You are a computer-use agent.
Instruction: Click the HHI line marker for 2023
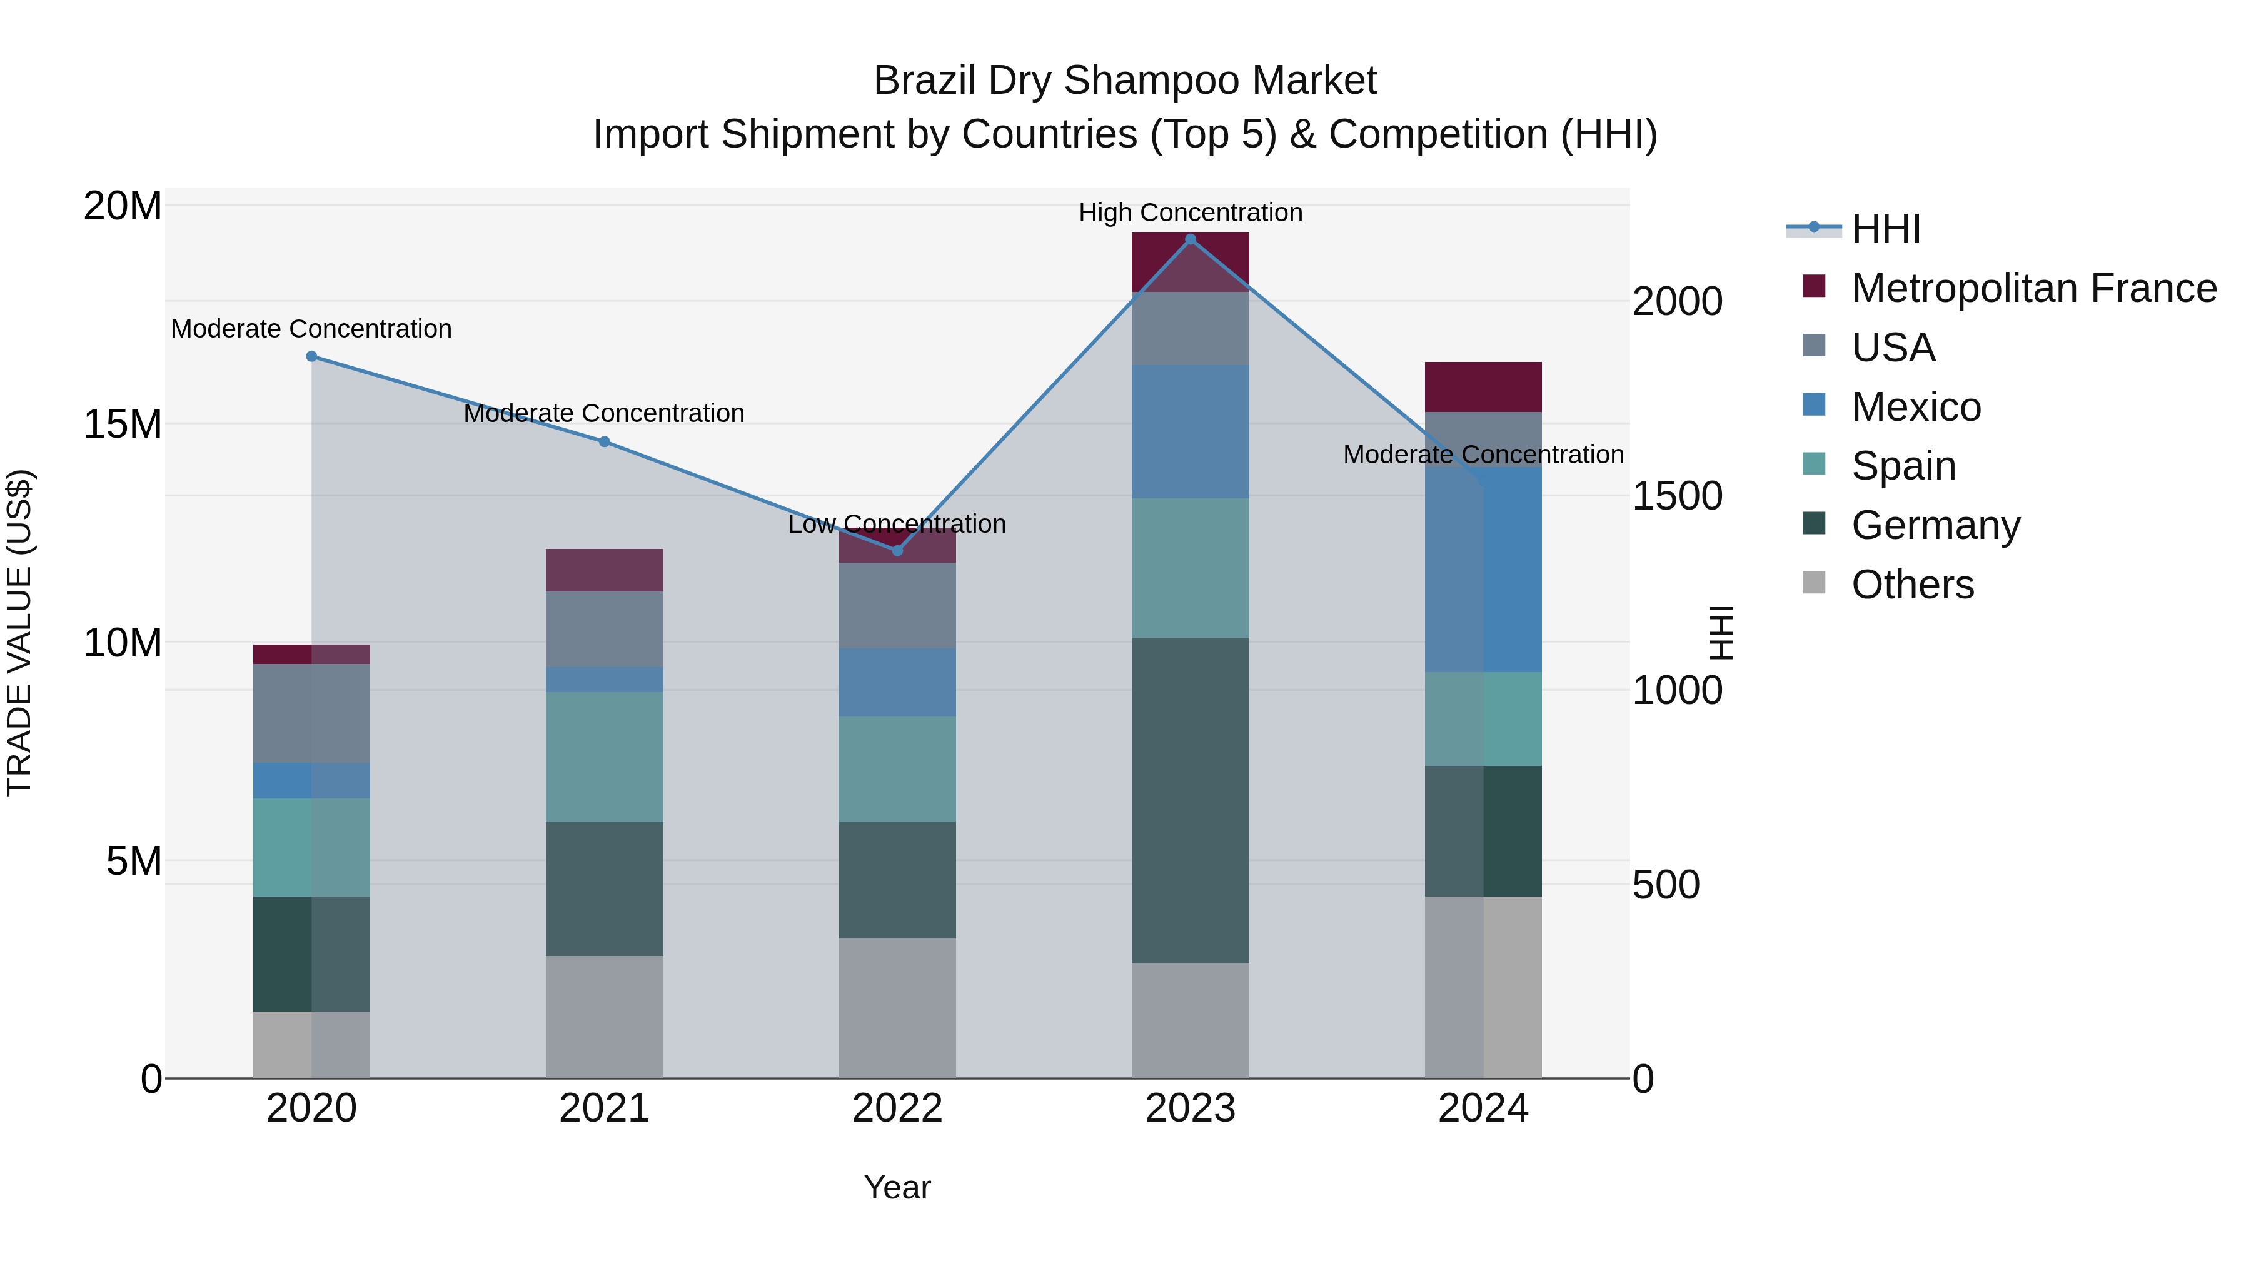[x=1190, y=239]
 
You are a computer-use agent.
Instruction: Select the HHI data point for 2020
[x=311, y=356]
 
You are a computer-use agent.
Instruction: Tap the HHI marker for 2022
[x=897, y=550]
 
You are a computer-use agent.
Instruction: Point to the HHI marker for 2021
[x=605, y=442]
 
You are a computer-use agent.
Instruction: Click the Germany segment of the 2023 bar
[x=1190, y=800]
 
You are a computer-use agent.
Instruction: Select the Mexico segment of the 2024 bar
[x=1483, y=570]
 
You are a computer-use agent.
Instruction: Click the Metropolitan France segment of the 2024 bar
[x=1483, y=387]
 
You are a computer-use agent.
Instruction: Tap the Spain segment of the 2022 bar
[x=897, y=769]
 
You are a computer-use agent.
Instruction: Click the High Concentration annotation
[x=1190, y=213]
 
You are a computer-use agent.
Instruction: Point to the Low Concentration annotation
[x=897, y=525]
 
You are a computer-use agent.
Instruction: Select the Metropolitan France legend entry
[x=2034, y=288]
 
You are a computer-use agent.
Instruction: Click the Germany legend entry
[x=1935, y=525]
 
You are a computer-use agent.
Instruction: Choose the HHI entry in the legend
[x=1886, y=229]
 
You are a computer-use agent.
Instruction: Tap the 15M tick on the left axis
[x=123, y=425]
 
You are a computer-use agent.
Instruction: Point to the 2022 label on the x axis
[x=897, y=1108]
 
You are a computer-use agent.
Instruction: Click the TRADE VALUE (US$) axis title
[x=19, y=633]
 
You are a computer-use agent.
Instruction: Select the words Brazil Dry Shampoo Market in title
[x=1125, y=81]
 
